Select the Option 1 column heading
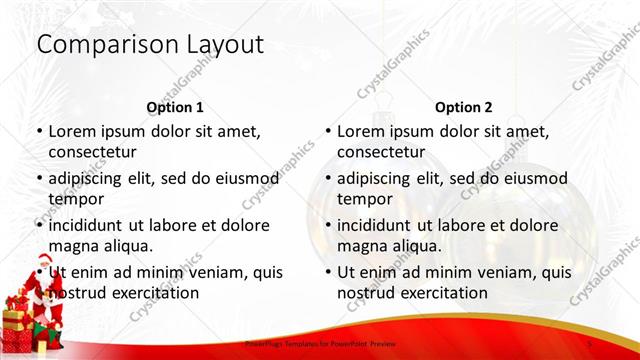point(175,107)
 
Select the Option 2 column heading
point(464,107)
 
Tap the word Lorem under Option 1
point(71,131)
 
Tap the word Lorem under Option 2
point(360,131)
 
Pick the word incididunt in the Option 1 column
point(92,225)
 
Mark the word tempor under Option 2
point(363,198)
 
